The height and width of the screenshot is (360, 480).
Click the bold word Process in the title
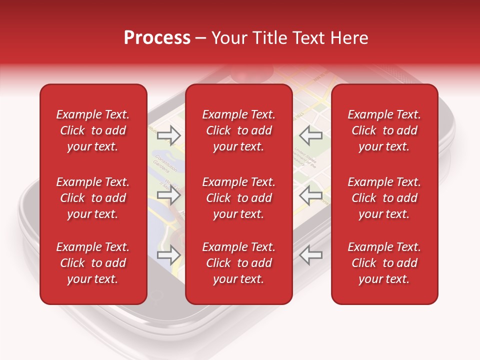click(x=157, y=38)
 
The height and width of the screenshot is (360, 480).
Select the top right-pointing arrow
click(x=168, y=135)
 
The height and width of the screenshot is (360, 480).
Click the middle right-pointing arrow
click(x=168, y=195)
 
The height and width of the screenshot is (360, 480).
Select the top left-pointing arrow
click(x=311, y=135)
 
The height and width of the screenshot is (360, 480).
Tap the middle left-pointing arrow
click(x=311, y=195)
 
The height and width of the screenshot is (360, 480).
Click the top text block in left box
click(x=93, y=130)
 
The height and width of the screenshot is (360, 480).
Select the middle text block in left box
click(x=93, y=198)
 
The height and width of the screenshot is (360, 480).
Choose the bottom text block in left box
click(x=93, y=263)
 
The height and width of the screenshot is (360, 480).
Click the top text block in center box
click(x=238, y=130)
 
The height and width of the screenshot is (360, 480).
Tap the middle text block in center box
click(x=238, y=198)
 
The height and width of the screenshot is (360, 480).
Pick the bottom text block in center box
click(x=238, y=263)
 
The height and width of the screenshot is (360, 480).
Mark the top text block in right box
click(x=384, y=130)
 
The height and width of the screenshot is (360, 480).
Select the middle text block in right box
click(x=384, y=198)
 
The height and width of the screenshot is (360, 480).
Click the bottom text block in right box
click(x=384, y=263)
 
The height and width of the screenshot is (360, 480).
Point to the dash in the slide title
click(x=200, y=38)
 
